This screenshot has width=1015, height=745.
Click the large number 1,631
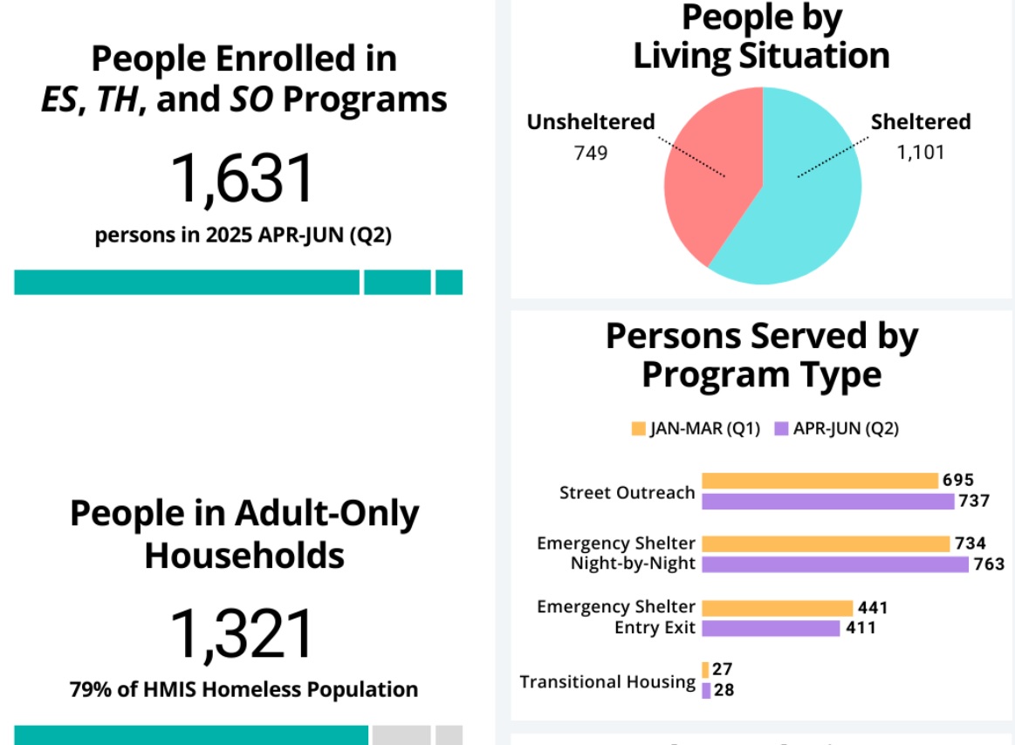pyautogui.click(x=242, y=179)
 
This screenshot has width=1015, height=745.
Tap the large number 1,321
pyautogui.click(x=242, y=634)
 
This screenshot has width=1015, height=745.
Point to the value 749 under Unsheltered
pyautogui.click(x=590, y=153)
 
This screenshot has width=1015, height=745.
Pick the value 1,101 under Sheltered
pyautogui.click(x=921, y=153)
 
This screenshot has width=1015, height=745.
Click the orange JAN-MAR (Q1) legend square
pyautogui.click(x=638, y=428)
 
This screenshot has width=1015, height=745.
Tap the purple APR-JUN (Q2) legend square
pyautogui.click(x=781, y=428)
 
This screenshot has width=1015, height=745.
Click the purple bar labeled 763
pyautogui.click(x=834, y=564)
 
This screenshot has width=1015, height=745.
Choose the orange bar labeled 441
pyautogui.click(x=777, y=608)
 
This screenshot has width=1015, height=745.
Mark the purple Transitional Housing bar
pyautogui.click(x=705, y=690)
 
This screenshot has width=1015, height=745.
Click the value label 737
pyautogui.click(x=974, y=501)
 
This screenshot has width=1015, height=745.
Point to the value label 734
pyautogui.click(x=970, y=543)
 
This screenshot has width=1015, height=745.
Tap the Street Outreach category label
pyautogui.click(x=627, y=492)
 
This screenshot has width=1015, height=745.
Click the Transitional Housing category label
pyautogui.click(x=607, y=681)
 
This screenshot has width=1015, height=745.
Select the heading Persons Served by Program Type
pyautogui.click(x=761, y=355)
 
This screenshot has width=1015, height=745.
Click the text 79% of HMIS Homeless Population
pyautogui.click(x=243, y=689)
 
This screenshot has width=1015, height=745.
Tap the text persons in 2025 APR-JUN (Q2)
pyautogui.click(x=243, y=236)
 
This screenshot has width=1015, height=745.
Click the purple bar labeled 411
pyautogui.click(x=770, y=628)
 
